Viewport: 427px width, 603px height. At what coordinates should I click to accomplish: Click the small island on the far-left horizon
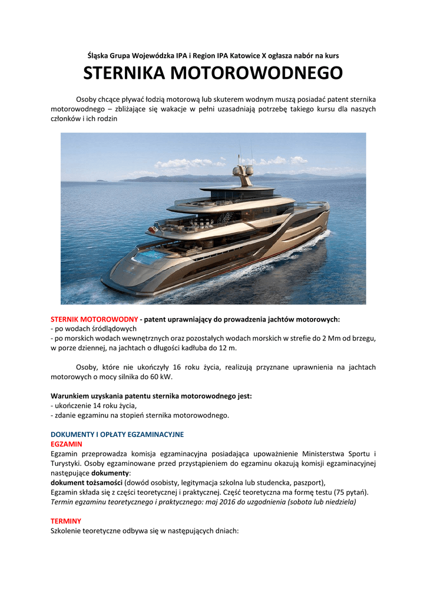101,180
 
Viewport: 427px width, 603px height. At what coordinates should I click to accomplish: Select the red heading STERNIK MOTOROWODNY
94,319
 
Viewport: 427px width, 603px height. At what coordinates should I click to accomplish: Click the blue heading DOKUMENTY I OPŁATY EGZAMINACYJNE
117,434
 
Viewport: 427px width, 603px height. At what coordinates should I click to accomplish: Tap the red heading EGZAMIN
66,443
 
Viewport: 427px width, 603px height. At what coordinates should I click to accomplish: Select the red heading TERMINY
66,521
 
